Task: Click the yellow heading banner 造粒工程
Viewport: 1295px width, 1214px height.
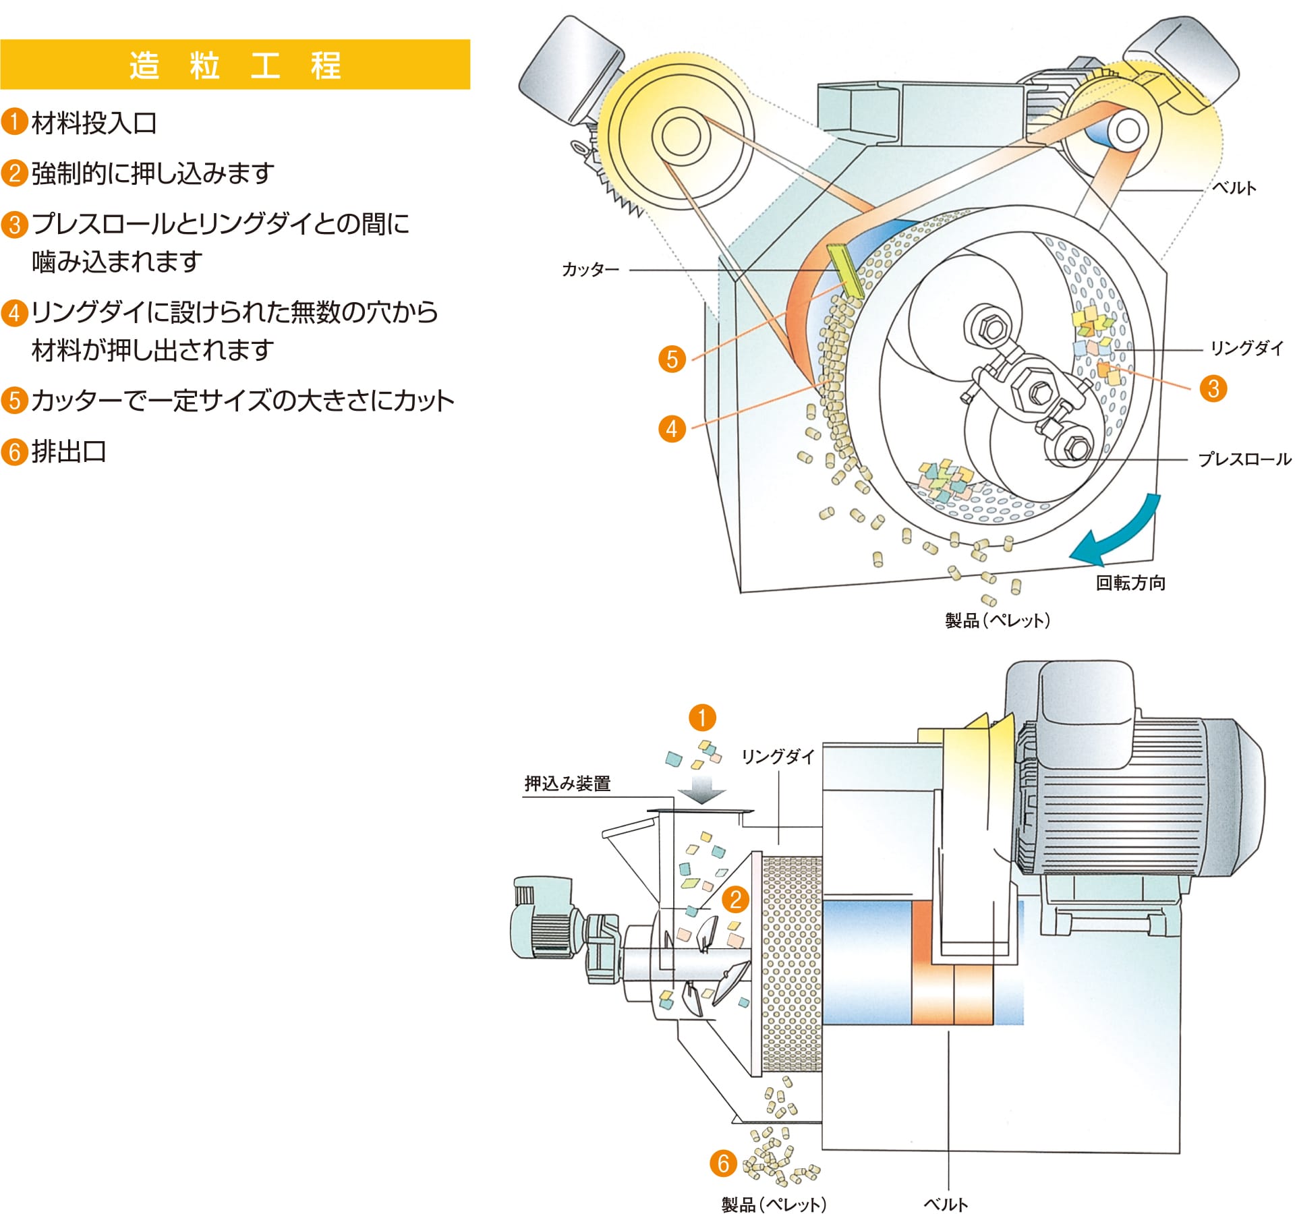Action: tap(235, 65)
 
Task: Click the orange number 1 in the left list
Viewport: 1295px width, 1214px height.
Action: tap(14, 123)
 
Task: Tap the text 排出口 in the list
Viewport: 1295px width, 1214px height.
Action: tap(69, 451)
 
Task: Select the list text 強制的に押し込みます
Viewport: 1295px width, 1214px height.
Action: tap(152, 173)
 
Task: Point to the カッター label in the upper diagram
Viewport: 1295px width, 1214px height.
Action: tap(590, 270)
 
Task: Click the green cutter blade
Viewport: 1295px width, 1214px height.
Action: tap(845, 270)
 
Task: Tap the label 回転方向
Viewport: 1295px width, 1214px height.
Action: tap(1130, 583)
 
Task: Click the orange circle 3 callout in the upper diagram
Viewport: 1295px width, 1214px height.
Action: tap(1213, 388)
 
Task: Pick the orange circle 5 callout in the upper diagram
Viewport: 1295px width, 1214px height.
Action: tap(672, 359)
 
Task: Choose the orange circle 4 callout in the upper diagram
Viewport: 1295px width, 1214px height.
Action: tap(672, 428)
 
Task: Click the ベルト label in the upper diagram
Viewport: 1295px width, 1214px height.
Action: tap(1234, 188)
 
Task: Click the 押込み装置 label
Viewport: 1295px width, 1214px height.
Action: tap(567, 783)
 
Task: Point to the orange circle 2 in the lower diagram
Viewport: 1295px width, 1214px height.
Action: tap(735, 899)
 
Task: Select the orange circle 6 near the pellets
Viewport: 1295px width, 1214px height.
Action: tap(723, 1163)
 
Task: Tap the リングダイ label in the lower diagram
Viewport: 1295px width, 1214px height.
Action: tap(778, 756)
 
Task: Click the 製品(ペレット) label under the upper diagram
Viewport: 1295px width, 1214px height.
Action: tap(997, 620)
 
